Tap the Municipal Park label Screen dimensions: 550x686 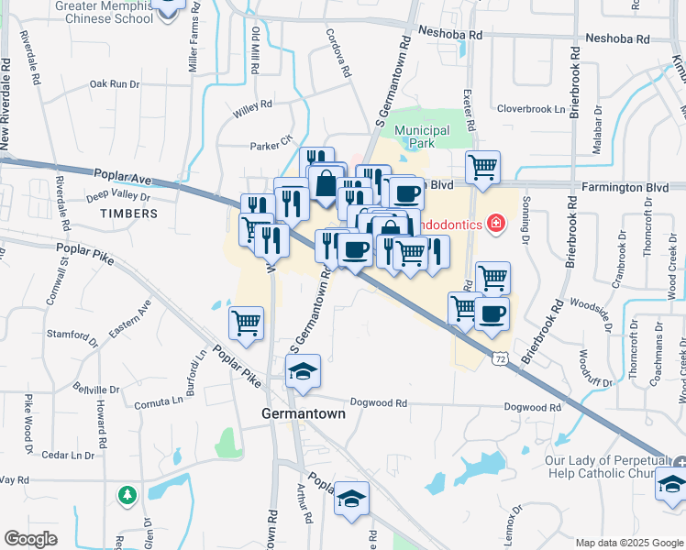[422, 137]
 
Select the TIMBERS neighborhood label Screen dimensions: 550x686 [129, 214]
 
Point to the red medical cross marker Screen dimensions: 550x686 [497, 223]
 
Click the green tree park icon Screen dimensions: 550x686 [127, 495]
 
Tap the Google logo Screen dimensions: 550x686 [31, 539]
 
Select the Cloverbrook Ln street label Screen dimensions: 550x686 [531, 108]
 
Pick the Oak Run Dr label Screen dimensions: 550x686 [114, 84]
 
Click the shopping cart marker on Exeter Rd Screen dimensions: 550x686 [482, 167]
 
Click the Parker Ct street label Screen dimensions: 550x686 [271, 145]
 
